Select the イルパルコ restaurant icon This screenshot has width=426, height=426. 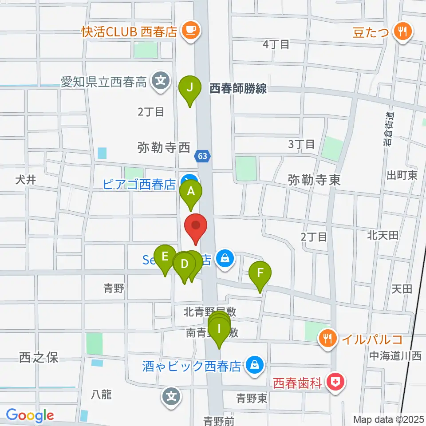(328, 339)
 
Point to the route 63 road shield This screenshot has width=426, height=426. (202, 156)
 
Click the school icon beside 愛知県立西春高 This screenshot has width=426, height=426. (160, 81)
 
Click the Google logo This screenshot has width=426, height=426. (30, 415)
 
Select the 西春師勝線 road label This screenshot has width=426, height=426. (238, 89)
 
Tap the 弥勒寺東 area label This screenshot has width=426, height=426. (314, 180)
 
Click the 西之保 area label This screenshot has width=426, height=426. (39, 358)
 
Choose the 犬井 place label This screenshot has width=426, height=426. (25, 180)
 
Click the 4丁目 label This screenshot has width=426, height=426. (276, 44)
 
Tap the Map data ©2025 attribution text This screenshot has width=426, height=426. (388, 419)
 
